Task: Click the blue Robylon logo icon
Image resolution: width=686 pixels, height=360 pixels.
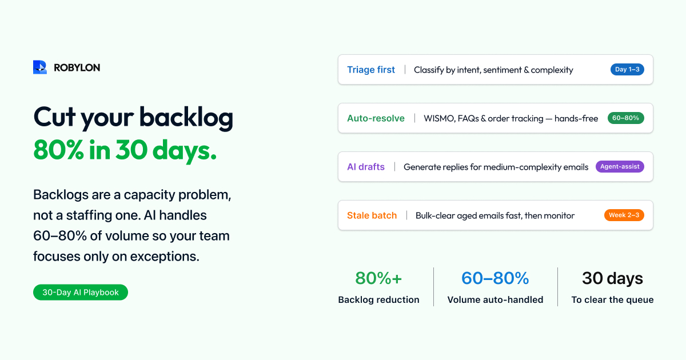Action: coord(40,67)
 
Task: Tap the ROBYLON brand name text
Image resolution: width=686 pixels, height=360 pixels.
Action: coord(77,67)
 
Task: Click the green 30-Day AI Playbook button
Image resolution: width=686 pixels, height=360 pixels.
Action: coord(81,293)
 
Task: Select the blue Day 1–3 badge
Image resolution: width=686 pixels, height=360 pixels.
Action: coord(627,70)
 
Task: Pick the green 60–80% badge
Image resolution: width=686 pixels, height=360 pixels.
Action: coord(625,118)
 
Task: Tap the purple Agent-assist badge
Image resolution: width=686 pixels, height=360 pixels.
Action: coord(620,166)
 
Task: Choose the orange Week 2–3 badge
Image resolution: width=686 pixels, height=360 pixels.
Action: coord(624,215)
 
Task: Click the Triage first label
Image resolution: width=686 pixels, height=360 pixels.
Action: coord(371,70)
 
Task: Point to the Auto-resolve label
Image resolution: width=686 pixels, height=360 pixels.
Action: coord(376,118)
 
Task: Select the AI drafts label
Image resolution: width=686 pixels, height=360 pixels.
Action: coord(366,166)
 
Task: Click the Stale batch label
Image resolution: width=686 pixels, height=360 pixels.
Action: coord(372,215)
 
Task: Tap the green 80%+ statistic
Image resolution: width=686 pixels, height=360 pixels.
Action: coord(378,278)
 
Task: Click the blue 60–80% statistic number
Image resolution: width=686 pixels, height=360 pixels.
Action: coord(495,278)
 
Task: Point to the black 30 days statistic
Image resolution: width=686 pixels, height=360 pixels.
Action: coord(612,279)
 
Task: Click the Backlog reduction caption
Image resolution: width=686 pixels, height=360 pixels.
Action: coord(379,299)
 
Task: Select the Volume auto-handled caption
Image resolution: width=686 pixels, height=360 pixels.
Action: coord(495,299)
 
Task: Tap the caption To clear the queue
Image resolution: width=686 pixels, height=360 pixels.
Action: coord(612,299)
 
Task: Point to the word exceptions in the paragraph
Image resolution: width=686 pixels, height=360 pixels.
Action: coord(165,257)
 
